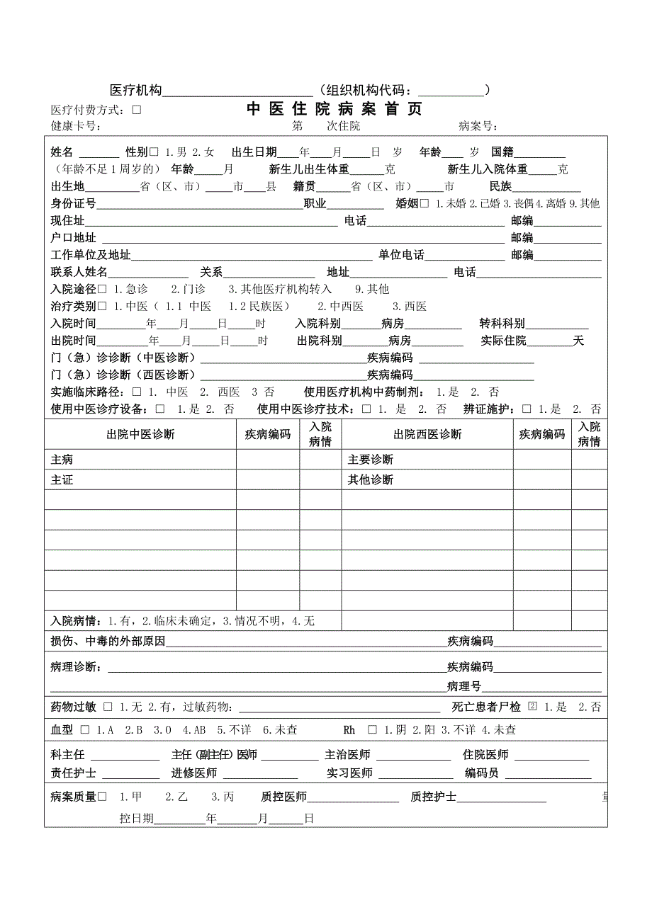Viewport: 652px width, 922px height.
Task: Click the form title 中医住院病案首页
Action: pos(334,109)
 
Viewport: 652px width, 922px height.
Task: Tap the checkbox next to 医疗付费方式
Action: pos(137,110)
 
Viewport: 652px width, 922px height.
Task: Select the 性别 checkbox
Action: pos(154,152)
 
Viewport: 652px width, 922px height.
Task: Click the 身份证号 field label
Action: pos(74,204)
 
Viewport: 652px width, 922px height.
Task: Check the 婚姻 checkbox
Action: pos(425,204)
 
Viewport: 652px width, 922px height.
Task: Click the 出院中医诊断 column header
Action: pos(140,434)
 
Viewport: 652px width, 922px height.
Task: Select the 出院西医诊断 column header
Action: pos(427,434)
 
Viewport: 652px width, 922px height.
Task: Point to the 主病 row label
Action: pos(62,460)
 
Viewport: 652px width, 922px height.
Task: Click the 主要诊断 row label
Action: pos(371,460)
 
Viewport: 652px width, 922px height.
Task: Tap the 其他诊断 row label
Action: pos(371,479)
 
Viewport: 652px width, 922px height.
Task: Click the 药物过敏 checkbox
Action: pos(108,707)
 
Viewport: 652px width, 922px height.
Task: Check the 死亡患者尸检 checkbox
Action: pos(533,707)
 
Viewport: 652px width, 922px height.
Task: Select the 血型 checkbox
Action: pos(85,729)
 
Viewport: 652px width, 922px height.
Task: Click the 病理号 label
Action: pos(463,686)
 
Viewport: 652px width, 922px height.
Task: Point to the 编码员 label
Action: pos(482,773)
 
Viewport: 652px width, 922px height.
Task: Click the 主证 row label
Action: pos(62,479)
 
